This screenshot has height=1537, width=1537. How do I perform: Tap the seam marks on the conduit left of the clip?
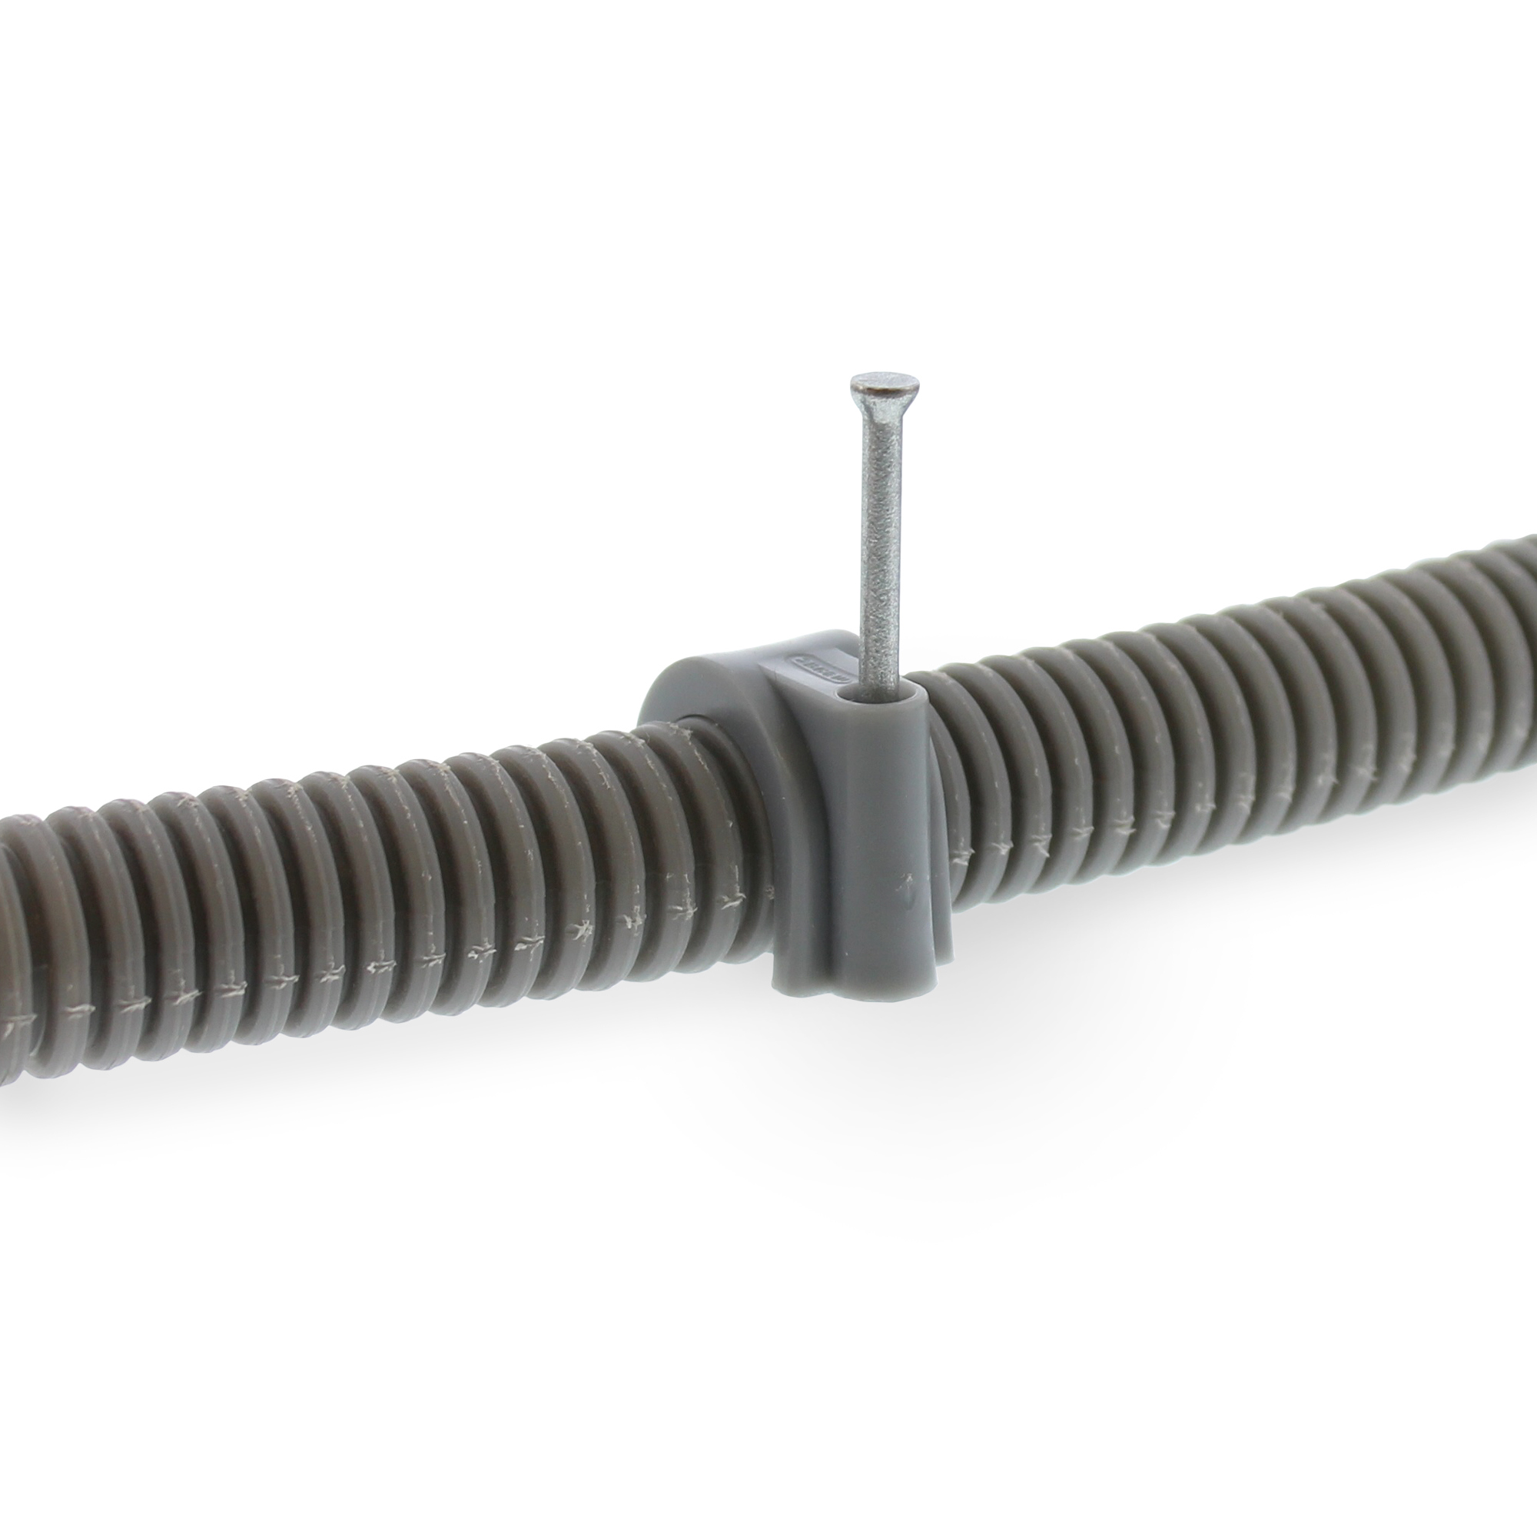(x=477, y=951)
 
